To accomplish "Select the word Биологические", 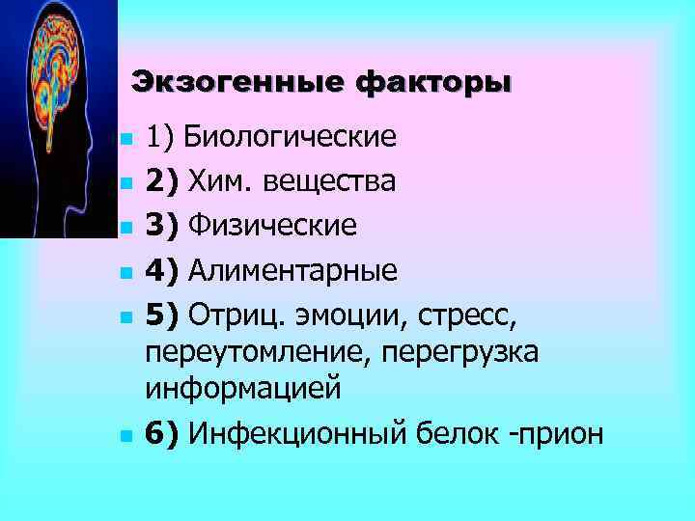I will click(291, 136).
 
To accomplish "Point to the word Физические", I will click(272, 226).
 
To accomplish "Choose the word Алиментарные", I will click(292, 270).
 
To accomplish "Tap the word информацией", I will click(243, 390).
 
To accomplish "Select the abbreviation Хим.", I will click(215, 180).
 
